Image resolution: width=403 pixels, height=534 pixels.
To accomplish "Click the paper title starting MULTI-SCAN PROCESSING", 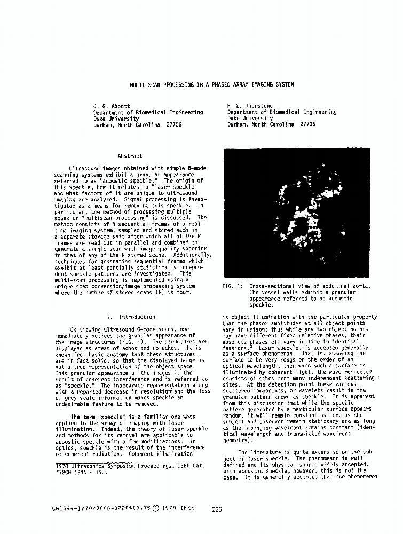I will (x=212, y=84).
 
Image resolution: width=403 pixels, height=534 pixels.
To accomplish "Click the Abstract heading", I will (x=130, y=156).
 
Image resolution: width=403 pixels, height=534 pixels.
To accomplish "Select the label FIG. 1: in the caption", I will (x=232, y=287).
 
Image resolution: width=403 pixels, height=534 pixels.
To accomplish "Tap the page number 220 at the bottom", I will (x=216, y=509).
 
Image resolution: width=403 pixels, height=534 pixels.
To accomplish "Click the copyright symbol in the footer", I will (x=155, y=509).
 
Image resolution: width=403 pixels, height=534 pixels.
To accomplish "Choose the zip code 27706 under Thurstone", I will (x=307, y=124).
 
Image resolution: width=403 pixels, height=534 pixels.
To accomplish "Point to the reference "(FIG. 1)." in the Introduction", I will (x=133, y=342).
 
